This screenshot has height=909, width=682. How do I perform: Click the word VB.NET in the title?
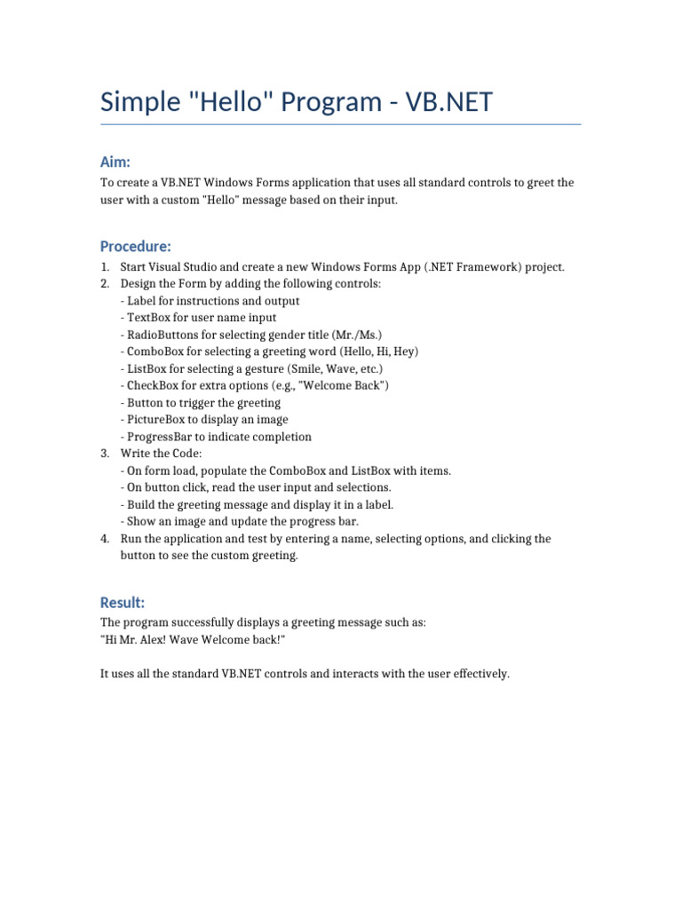tap(449, 102)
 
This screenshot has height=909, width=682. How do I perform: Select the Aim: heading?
tap(115, 162)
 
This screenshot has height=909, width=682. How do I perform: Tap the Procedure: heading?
tap(136, 246)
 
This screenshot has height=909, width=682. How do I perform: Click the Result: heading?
tap(123, 603)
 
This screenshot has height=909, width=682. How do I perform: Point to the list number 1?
tap(105, 267)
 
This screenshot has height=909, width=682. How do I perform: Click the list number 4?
tap(105, 539)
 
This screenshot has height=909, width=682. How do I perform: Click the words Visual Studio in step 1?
tap(184, 267)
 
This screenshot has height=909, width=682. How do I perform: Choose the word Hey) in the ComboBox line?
tap(406, 352)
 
